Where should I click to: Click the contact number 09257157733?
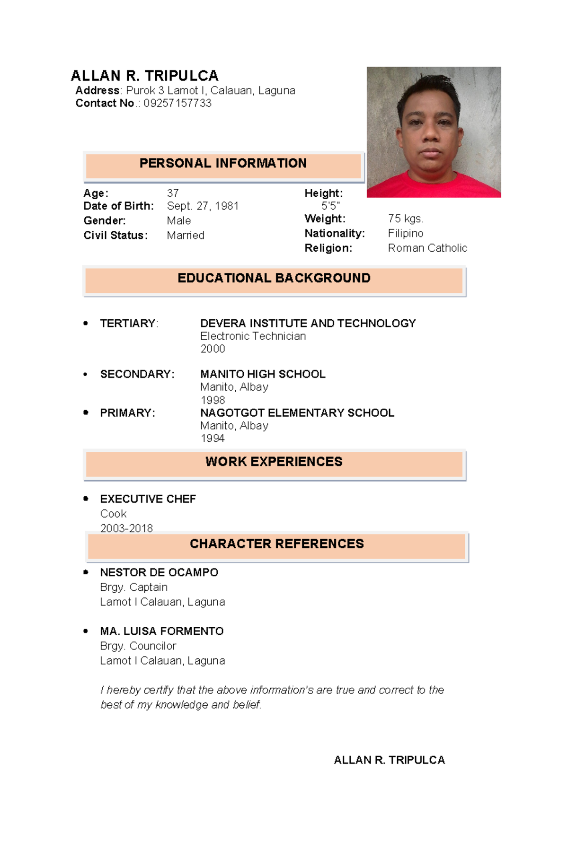177,103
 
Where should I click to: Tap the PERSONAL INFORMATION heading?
223,163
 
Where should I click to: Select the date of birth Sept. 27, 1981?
203,206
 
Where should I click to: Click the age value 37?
173,193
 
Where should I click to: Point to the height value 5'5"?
330,206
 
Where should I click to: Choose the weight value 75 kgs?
406,219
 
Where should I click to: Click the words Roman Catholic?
427,248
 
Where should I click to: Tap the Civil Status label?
115,235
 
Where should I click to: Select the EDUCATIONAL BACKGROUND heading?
274,278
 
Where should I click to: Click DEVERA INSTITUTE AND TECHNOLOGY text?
308,323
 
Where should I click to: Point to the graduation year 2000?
213,349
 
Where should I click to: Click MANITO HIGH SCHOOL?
263,374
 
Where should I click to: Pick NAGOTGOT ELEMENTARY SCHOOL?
297,412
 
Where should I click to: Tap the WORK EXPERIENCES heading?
274,462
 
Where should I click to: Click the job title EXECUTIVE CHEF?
148,499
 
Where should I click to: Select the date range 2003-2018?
126,528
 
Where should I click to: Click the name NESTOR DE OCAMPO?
159,572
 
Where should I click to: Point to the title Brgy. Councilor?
138,646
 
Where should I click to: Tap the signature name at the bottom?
389,760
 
